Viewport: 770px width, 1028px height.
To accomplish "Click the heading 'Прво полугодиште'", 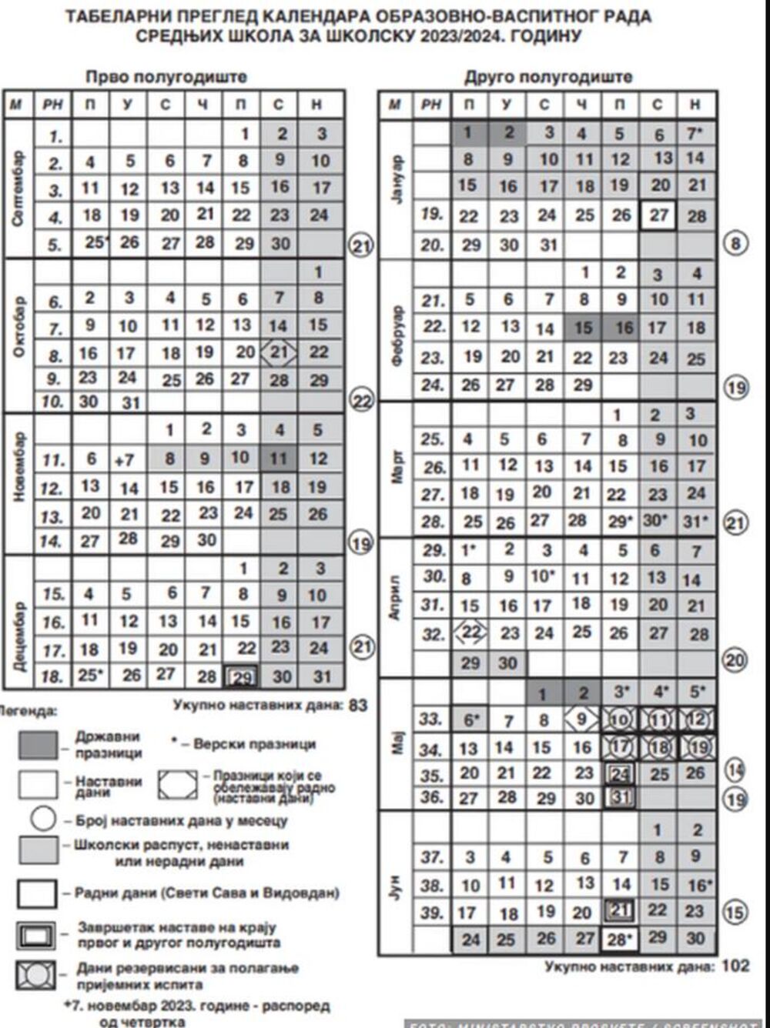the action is tap(166, 76).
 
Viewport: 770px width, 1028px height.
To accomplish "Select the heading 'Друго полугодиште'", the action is tap(547, 76).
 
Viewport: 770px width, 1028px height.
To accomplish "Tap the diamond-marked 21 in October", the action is tap(280, 352).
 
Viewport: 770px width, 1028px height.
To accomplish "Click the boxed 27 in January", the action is tap(658, 215).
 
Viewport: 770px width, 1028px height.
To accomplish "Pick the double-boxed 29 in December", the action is tap(241, 676).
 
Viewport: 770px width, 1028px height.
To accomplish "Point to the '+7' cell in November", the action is tap(126, 459).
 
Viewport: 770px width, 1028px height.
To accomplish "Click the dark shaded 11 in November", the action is tap(279, 459).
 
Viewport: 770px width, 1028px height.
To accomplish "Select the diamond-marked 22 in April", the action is tap(470, 633).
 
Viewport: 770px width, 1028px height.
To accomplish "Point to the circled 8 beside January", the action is tap(737, 245).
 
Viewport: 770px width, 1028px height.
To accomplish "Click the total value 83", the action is tap(358, 704).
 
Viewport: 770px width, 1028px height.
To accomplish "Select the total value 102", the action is tap(735, 966).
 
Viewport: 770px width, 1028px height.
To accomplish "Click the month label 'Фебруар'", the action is tap(397, 335).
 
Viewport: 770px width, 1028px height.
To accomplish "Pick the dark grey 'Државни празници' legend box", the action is tap(38, 745).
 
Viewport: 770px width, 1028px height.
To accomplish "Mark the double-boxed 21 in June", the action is tap(620, 911).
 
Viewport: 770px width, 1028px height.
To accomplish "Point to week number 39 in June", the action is tap(433, 913).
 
